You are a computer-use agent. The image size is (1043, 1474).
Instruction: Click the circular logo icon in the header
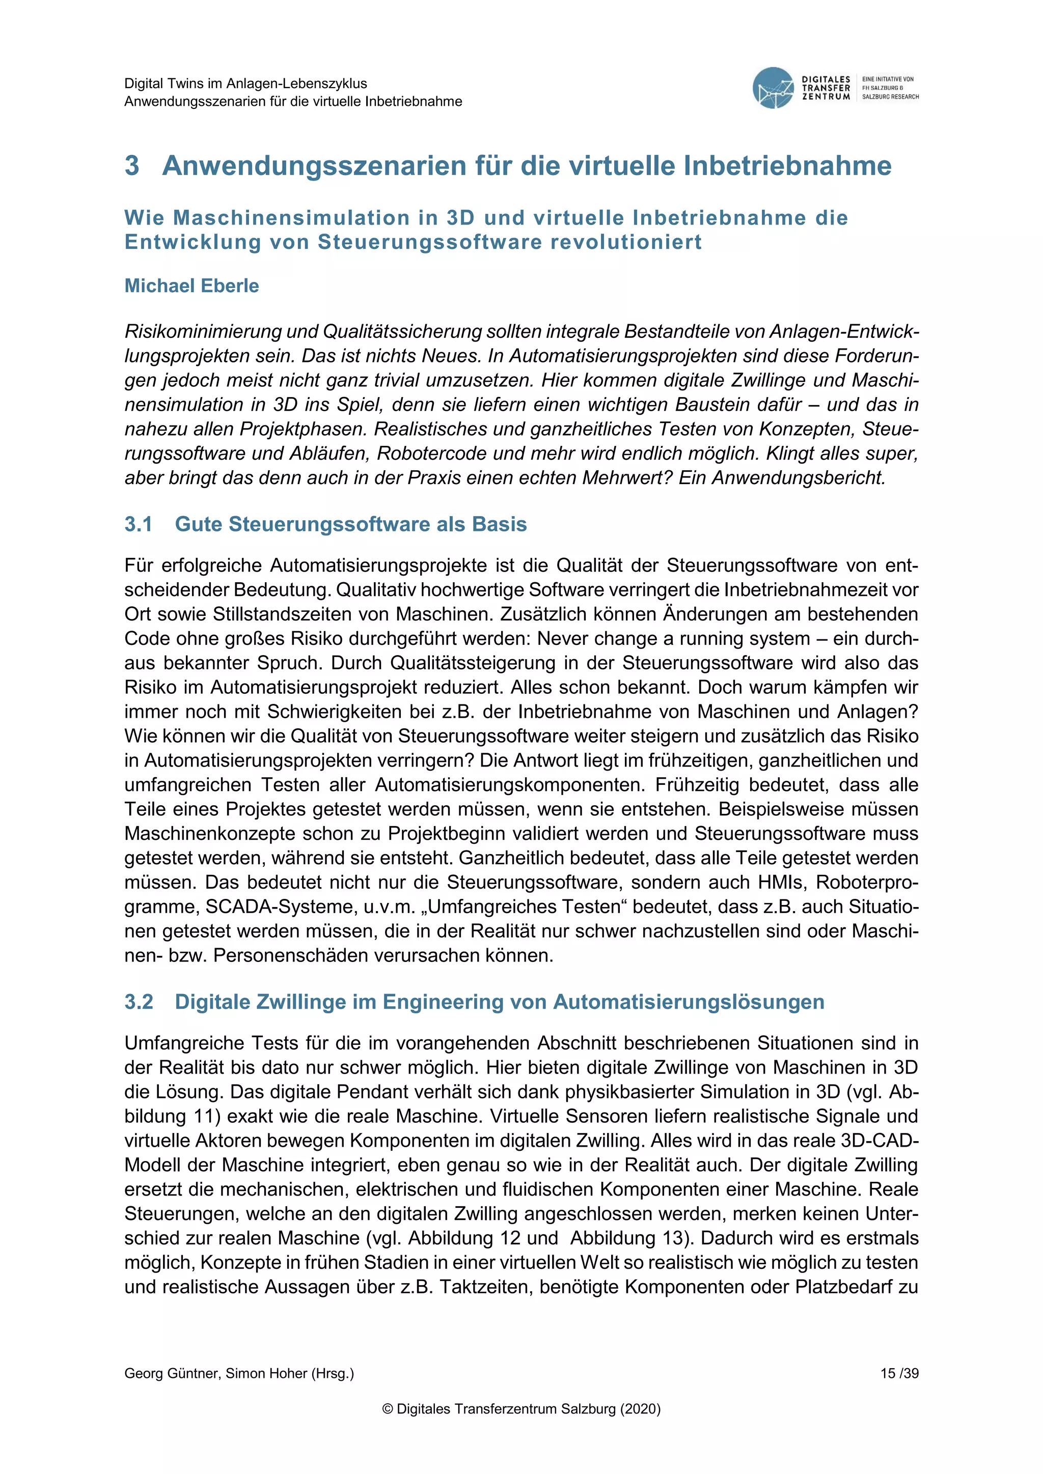click(773, 88)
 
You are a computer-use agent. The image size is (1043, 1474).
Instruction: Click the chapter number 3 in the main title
click(132, 165)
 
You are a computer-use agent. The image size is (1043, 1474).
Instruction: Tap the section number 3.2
click(139, 1002)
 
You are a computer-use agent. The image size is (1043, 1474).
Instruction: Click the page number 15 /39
click(899, 1373)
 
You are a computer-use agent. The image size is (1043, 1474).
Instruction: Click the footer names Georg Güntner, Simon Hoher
click(239, 1373)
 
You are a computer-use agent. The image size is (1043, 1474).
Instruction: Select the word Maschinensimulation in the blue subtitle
click(292, 218)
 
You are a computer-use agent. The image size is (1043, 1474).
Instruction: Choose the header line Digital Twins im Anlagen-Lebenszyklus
click(245, 83)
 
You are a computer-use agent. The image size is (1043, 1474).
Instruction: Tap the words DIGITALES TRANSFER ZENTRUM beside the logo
click(826, 88)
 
